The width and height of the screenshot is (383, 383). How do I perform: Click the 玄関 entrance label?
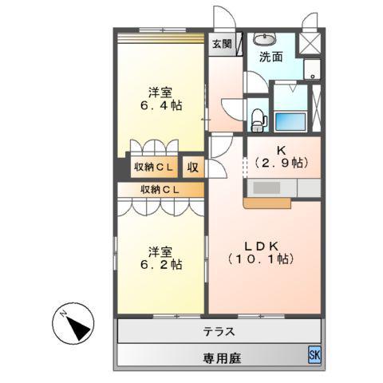tap(222, 45)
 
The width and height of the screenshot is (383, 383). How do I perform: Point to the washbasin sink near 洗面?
tap(263, 38)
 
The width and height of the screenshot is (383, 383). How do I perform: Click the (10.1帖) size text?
tap(261, 259)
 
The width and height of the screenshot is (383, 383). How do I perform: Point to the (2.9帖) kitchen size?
tap(282, 163)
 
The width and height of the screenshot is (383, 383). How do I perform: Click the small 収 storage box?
tap(192, 168)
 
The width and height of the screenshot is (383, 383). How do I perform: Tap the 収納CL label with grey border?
tap(154, 168)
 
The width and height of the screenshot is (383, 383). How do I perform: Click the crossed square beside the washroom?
tap(309, 42)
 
